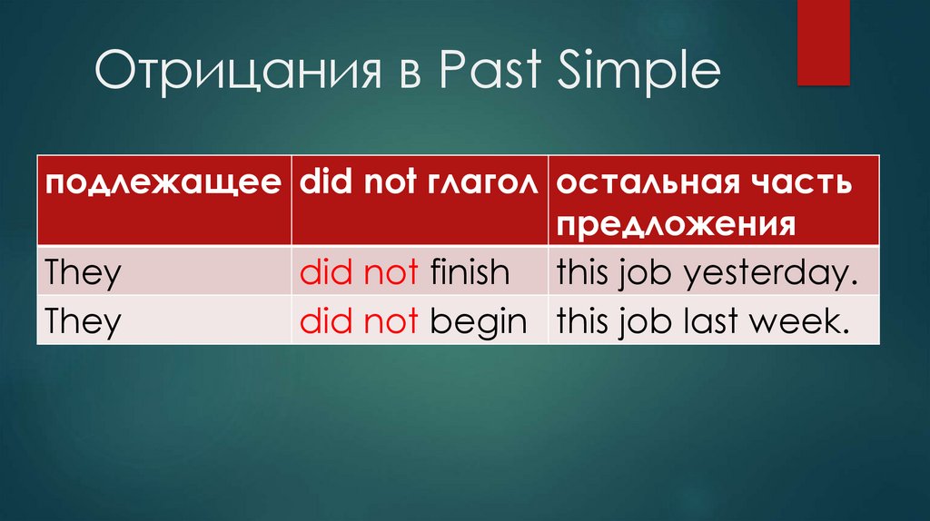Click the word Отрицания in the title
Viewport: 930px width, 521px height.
click(x=237, y=71)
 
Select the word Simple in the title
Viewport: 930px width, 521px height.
click(x=638, y=71)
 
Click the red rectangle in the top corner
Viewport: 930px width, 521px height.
click(x=823, y=42)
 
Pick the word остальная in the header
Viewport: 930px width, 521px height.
click(x=648, y=182)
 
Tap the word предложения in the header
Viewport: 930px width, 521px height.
click(x=676, y=225)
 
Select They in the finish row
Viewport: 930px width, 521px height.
click(x=83, y=272)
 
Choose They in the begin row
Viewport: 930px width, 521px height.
click(x=83, y=322)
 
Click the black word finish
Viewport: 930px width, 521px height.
click(x=470, y=271)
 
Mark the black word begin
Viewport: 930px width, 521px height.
click(x=478, y=323)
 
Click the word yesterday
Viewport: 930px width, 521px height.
click(x=771, y=274)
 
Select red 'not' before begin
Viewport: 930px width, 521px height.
click(x=391, y=322)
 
